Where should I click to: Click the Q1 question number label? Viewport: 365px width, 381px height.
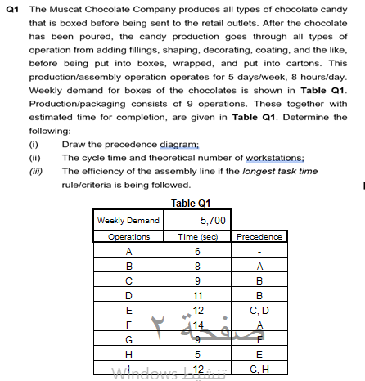click(x=12, y=7)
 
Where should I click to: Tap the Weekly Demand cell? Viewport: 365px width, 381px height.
click(x=128, y=221)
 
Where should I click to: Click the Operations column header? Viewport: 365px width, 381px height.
click(x=128, y=237)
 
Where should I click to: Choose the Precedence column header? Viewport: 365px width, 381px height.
click(x=259, y=237)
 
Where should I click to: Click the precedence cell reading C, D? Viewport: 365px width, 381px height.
click(x=259, y=309)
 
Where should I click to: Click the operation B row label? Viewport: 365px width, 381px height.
click(x=128, y=265)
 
